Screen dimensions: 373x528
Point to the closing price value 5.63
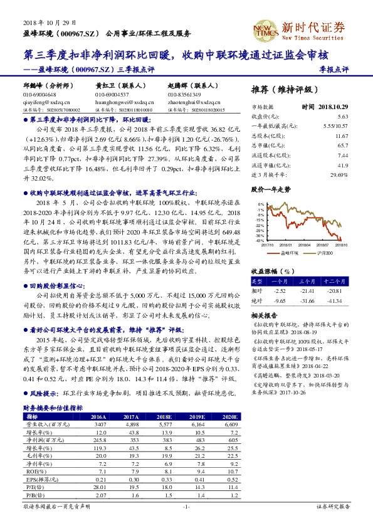tap(342, 117)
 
